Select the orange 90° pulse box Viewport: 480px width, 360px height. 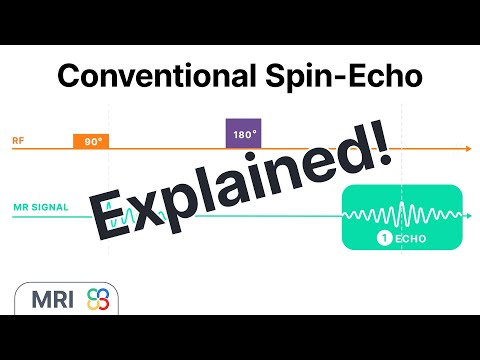91,142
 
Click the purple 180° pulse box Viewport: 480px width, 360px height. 244,134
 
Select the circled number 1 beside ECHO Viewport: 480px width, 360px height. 383,238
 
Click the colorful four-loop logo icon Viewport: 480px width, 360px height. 98,299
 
